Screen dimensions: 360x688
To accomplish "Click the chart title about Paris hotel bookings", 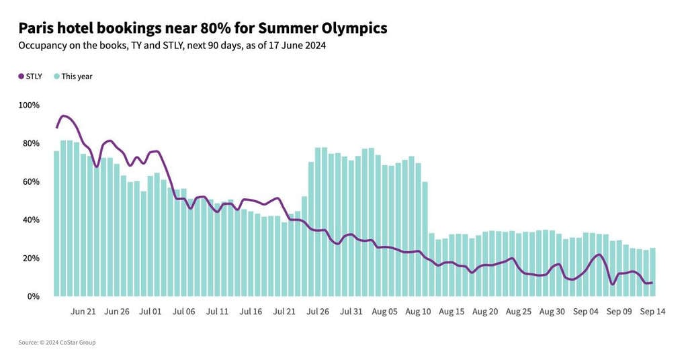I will tap(202, 28).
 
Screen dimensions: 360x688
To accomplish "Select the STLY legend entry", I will tap(30, 77).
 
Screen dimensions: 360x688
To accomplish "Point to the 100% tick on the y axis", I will tap(29, 105).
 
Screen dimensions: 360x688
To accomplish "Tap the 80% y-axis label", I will tap(31, 144).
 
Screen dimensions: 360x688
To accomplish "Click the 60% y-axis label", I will tap(31, 182).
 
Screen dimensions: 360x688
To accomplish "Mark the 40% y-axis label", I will tap(31, 220).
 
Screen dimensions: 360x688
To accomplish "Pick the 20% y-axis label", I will tap(31, 259).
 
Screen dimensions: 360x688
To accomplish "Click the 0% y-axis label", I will tap(33, 296).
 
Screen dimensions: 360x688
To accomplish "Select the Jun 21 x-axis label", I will tap(83, 312).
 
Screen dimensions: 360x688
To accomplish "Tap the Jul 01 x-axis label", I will tap(150, 312).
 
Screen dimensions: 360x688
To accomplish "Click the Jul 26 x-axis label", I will tap(317, 312).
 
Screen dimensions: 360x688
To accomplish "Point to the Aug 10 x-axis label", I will tap(418, 312).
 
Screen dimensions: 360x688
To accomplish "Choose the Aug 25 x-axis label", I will tap(518, 312).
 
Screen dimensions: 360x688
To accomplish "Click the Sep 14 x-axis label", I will tap(652, 312).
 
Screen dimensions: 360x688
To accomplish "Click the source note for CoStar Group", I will tap(57, 343).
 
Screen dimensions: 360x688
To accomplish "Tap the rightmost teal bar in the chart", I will tap(652, 272).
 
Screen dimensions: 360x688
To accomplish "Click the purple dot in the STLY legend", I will tap(21, 77).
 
